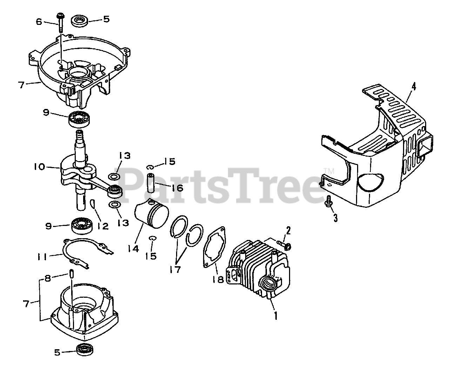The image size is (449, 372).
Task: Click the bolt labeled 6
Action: pyautogui.click(x=60, y=23)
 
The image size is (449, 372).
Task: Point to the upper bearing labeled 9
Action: pyautogui.click(x=79, y=119)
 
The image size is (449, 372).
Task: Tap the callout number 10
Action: pyautogui.click(x=39, y=167)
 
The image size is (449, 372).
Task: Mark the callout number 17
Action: pyautogui.click(x=175, y=269)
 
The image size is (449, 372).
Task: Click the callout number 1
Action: pyautogui.click(x=276, y=316)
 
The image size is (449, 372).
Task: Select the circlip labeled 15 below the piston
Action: pyautogui.click(x=152, y=238)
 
